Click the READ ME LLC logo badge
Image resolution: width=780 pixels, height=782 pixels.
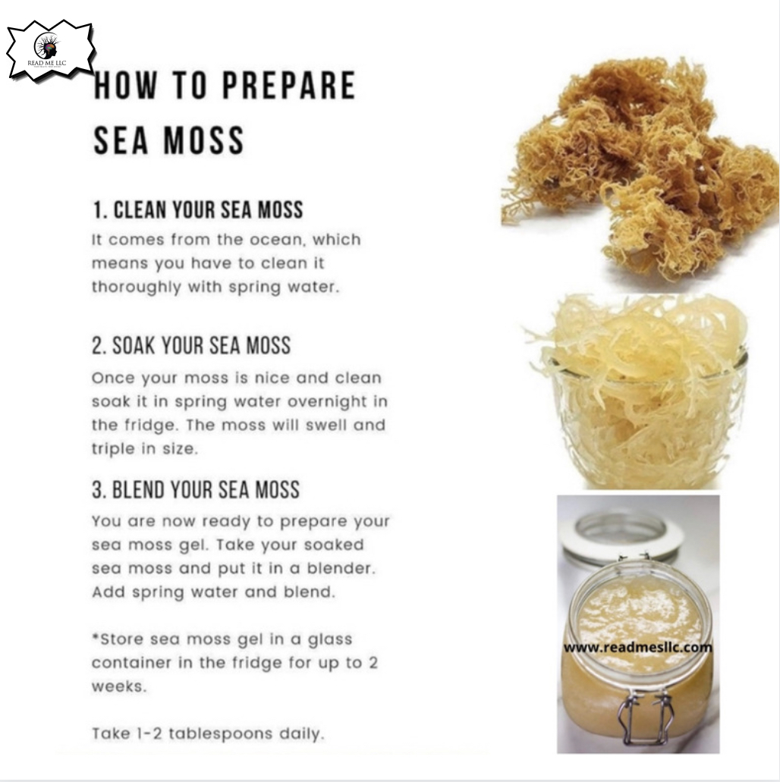(x=50, y=51)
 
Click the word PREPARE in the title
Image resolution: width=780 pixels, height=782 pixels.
(x=288, y=85)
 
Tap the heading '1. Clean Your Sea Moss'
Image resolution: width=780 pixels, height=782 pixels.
(x=197, y=210)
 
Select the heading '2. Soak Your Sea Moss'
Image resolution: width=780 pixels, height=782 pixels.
(x=191, y=346)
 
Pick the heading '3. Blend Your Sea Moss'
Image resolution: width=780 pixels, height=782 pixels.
(x=196, y=490)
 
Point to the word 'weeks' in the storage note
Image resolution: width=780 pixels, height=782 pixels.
(x=119, y=686)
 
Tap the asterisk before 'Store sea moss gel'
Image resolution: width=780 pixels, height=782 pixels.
(x=96, y=636)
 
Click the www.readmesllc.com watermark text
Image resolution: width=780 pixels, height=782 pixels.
(x=638, y=647)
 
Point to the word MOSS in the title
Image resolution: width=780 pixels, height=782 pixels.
(x=204, y=140)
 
